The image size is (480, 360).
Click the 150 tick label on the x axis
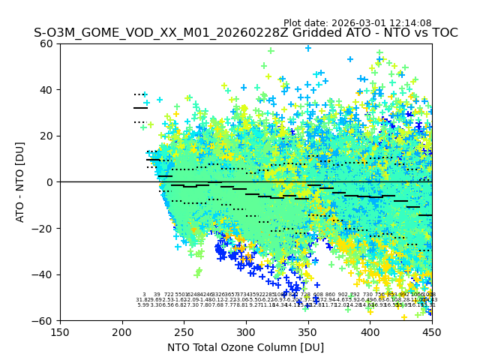tap(60, 332)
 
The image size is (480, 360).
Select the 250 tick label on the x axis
tap(184, 332)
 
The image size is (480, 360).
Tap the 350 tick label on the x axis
tap(308, 332)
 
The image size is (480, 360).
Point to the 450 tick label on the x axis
tap(432, 332)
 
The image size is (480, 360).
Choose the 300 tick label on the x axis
tap(246, 332)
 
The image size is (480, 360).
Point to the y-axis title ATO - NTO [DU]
tap(20, 182)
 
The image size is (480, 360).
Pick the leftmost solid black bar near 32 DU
tap(140, 108)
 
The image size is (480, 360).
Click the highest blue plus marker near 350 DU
tap(308, 48)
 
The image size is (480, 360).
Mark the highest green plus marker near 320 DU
tap(271, 51)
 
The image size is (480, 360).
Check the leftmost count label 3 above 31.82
tap(144, 295)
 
